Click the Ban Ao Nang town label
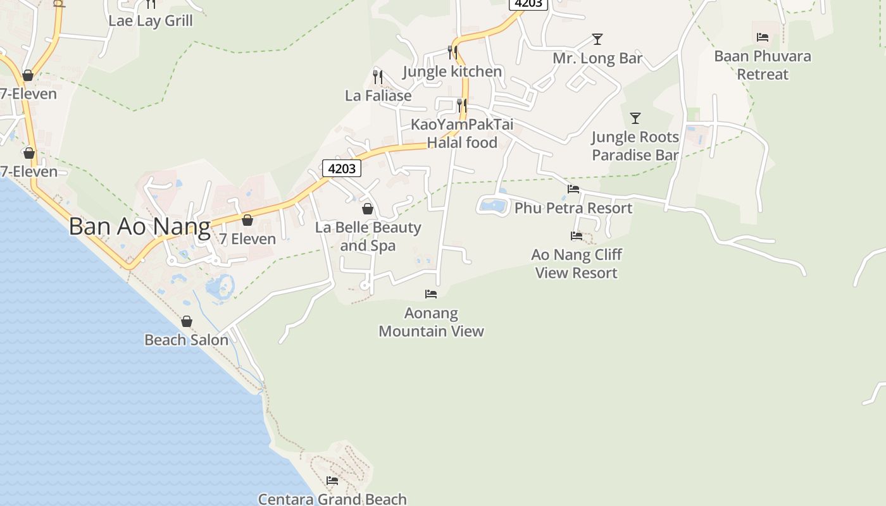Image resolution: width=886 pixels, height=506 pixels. pyautogui.click(x=139, y=226)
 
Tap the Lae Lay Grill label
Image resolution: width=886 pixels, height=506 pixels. pyautogui.click(x=151, y=20)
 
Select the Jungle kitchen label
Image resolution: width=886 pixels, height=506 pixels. pyautogui.click(x=452, y=71)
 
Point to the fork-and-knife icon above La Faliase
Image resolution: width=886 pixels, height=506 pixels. pyautogui.click(x=378, y=77)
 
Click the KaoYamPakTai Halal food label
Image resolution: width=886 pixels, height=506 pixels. pyautogui.click(x=462, y=133)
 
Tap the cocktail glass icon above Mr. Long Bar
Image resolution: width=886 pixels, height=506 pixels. pyautogui.click(x=597, y=39)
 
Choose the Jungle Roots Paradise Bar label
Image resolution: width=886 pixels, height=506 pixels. pyautogui.click(x=635, y=146)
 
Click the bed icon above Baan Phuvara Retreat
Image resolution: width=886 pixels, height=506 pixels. pyautogui.click(x=763, y=37)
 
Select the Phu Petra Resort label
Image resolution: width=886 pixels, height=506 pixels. pyautogui.click(x=573, y=208)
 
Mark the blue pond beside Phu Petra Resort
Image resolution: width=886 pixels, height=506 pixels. pyautogui.click(x=493, y=205)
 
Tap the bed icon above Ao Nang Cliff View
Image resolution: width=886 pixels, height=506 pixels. pyautogui.click(x=577, y=236)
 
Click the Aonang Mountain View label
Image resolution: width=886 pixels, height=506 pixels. pyautogui.click(x=431, y=322)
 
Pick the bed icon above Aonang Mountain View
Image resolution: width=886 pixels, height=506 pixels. pyautogui.click(x=431, y=294)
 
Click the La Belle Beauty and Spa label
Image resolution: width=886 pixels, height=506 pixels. pyautogui.click(x=368, y=236)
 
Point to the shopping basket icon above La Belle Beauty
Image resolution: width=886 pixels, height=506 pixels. pyautogui.click(x=368, y=209)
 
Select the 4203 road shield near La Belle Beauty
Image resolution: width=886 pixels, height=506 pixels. pyautogui.click(x=342, y=168)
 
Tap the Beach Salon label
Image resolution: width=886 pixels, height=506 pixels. pyautogui.click(x=187, y=340)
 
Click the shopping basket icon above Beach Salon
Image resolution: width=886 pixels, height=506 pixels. pyautogui.click(x=187, y=322)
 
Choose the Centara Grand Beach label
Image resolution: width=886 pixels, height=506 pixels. pyautogui.click(x=332, y=499)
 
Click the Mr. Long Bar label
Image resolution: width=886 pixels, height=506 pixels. pyautogui.click(x=597, y=59)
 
